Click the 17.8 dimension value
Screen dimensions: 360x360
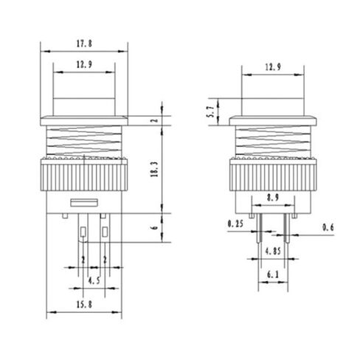pyautogui.click(x=84, y=44)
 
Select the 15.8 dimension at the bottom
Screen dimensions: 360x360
pyautogui.click(x=84, y=305)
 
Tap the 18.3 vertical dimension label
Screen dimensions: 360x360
pyautogui.click(x=155, y=170)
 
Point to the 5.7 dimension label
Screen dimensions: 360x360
pyautogui.click(x=212, y=111)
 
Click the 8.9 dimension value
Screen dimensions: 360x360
pyautogui.click(x=272, y=197)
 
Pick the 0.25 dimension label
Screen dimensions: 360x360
pyautogui.click(x=235, y=224)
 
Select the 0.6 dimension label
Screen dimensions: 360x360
pyautogui.click(x=328, y=227)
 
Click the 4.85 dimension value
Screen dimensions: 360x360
pyautogui.click(x=273, y=251)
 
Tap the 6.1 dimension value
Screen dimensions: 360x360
pyautogui.click(x=273, y=274)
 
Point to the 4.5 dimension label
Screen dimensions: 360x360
pyautogui.click(x=94, y=280)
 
